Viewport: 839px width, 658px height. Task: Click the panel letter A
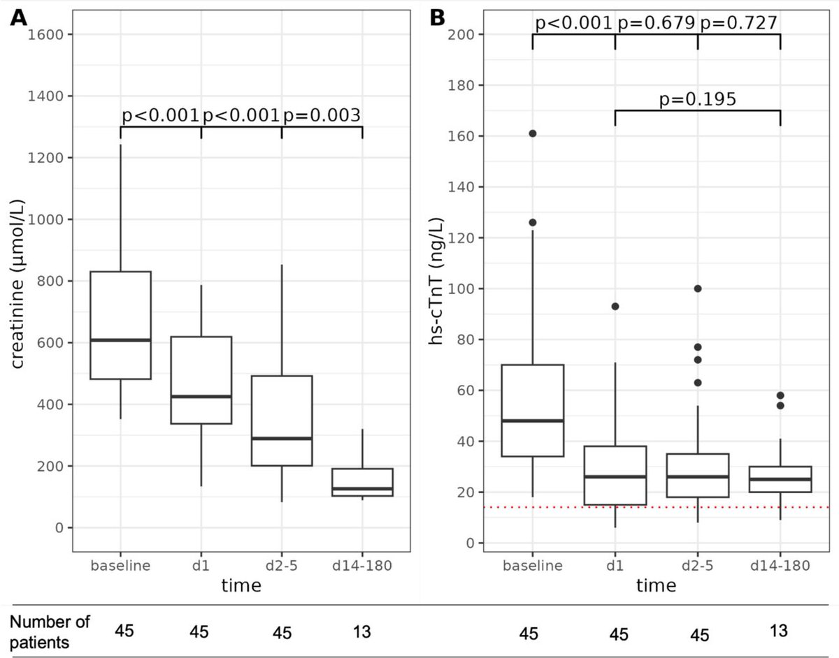click(x=19, y=19)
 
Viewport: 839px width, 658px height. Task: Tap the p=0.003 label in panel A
click(x=322, y=115)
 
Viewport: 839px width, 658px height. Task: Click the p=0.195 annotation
click(x=697, y=100)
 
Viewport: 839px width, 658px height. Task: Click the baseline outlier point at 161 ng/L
click(x=532, y=133)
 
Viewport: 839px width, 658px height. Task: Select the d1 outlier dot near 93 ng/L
click(x=615, y=306)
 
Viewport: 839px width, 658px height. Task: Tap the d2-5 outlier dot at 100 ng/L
click(x=697, y=288)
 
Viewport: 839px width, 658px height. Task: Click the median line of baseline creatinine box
click(x=121, y=340)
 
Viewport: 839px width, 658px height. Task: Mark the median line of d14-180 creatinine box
click(x=362, y=488)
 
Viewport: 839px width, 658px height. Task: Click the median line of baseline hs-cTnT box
click(x=532, y=421)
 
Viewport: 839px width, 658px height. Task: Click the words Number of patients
click(x=50, y=631)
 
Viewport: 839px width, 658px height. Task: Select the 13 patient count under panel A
click(x=361, y=631)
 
